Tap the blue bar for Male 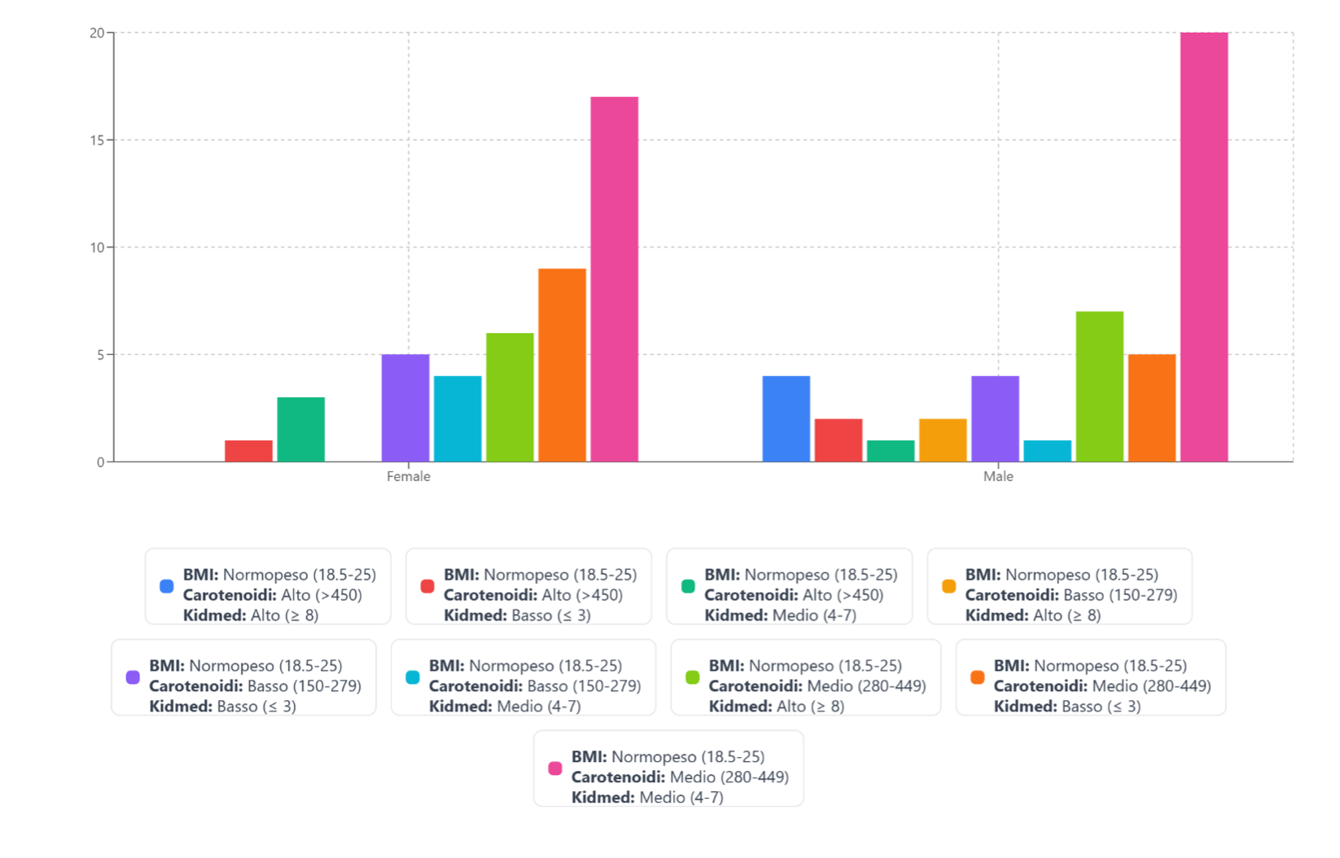click(x=786, y=419)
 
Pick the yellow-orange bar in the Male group click(x=943, y=440)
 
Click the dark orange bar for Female click(x=562, y=366)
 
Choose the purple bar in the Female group click(x=405, y=408)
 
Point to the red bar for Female click(x=249, y=451)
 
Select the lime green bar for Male click(x=1100, y=387)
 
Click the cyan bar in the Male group click(x=1048, y=451)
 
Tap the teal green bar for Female click(x=301, y=430)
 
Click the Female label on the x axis click(x=409, y=476)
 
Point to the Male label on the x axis click(x=998, y=476)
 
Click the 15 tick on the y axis click(x=99, y=140)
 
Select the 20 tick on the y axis click(x=99, y=33)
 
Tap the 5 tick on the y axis click(x=101, y=355)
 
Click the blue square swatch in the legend click(x=167, y=586)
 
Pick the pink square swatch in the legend click(x=555, y=768)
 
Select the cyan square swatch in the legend click(x=413, y=677)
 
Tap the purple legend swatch click(x=133, y=677)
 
